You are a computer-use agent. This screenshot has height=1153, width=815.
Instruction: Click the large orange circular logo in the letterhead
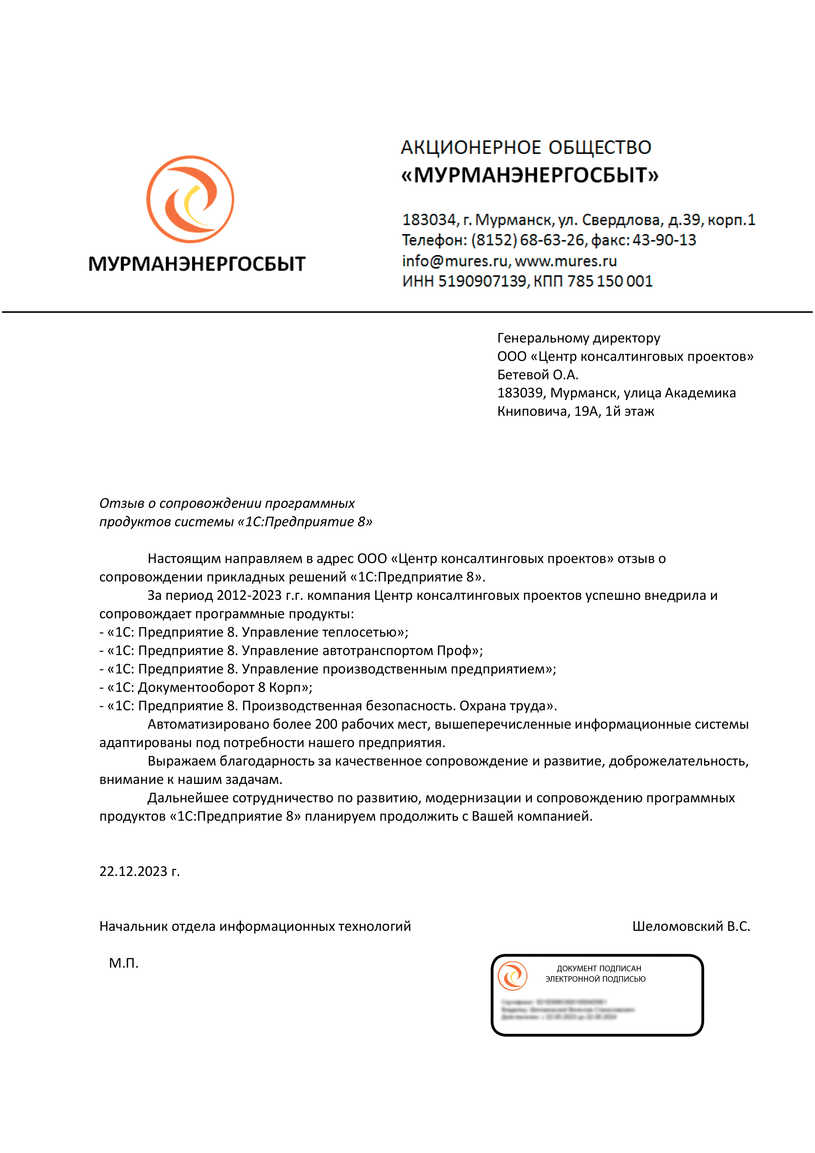[190, 200]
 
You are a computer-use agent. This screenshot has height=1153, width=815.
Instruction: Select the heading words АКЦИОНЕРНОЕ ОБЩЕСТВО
[526, 148]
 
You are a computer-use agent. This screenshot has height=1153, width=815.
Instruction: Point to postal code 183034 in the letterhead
[428, 220]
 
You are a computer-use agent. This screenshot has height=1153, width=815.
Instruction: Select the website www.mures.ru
[566, 261]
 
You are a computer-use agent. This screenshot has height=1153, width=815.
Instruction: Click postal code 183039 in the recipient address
[520, 393]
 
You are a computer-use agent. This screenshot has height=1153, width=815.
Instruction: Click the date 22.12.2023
[133, 871]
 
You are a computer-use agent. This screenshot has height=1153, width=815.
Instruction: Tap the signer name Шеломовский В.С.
[691, 927]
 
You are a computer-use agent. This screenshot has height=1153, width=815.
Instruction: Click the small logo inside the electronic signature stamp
[512, 976]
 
